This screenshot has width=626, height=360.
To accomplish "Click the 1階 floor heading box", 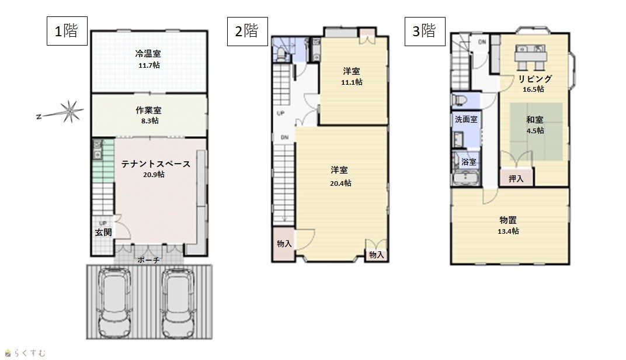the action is (67, 31).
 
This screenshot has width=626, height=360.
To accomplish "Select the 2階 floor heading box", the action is (248, 31).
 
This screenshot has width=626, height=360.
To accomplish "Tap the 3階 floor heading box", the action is (425, 31).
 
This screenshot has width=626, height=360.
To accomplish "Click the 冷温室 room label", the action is (148, 54).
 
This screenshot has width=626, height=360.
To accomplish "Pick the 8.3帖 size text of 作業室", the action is (149, 120).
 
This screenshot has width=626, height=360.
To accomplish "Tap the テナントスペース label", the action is (156, 164).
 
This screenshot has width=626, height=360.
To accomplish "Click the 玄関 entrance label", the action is (103, 232).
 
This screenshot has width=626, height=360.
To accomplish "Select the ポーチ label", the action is (148, 260).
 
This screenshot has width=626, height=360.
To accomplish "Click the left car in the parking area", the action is (115, 302).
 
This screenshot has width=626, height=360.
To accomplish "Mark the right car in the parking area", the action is (178, 302).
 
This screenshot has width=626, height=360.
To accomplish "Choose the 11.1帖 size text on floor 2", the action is (352, 82).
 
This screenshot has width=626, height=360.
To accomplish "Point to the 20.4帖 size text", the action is (340, 184).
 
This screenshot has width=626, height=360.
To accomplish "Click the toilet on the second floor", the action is (281, 54).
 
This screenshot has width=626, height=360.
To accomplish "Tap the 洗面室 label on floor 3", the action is (467, 119).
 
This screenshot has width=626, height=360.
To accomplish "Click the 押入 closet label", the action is (516, 179).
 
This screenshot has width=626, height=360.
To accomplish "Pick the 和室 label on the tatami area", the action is (535, 119).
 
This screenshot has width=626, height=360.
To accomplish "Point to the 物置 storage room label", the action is (508, 220).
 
